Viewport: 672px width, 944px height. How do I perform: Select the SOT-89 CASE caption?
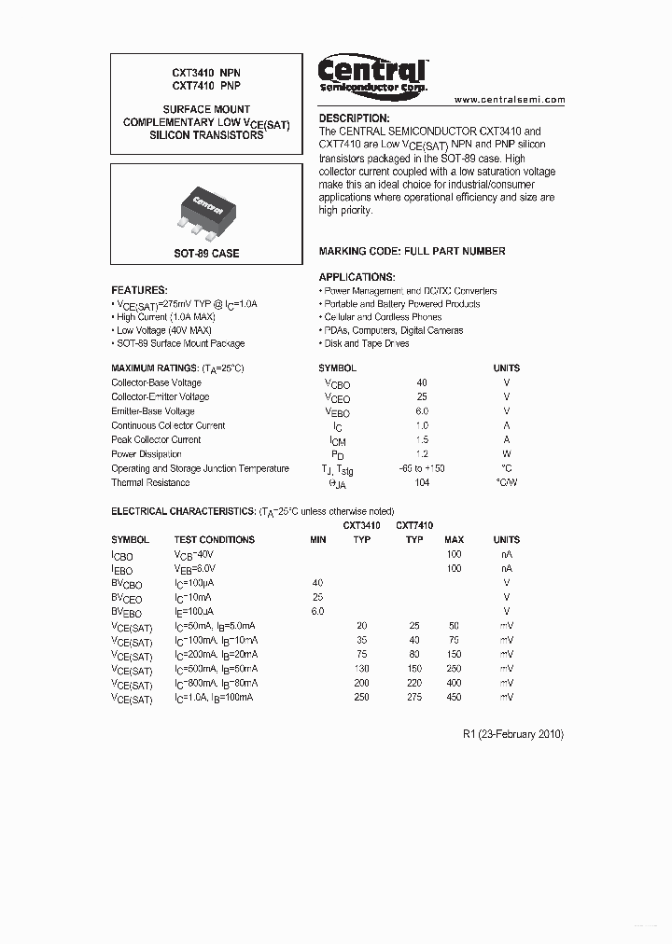click(206, 253)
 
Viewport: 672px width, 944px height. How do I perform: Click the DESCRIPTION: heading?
click(354, 118)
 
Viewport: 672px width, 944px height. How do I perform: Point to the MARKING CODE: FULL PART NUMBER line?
click(412, 251)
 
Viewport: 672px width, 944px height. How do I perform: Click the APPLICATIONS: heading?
click(357, 277)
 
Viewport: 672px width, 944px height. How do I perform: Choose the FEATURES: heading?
click(139, 290)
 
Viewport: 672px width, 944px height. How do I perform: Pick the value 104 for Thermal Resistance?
click(422, 482)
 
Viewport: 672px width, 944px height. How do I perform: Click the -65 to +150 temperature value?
click(421, 468)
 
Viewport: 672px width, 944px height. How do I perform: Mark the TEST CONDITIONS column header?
click(214, 539)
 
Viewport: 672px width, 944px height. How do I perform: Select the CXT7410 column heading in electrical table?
click(414, 525)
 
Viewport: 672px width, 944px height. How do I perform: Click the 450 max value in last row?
click(454, 697)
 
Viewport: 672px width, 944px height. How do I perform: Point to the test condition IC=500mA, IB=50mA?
click(216, 669)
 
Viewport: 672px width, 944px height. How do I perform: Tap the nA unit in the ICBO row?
click(507, 554)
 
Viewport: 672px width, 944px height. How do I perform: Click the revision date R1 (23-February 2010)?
click(512, 734)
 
